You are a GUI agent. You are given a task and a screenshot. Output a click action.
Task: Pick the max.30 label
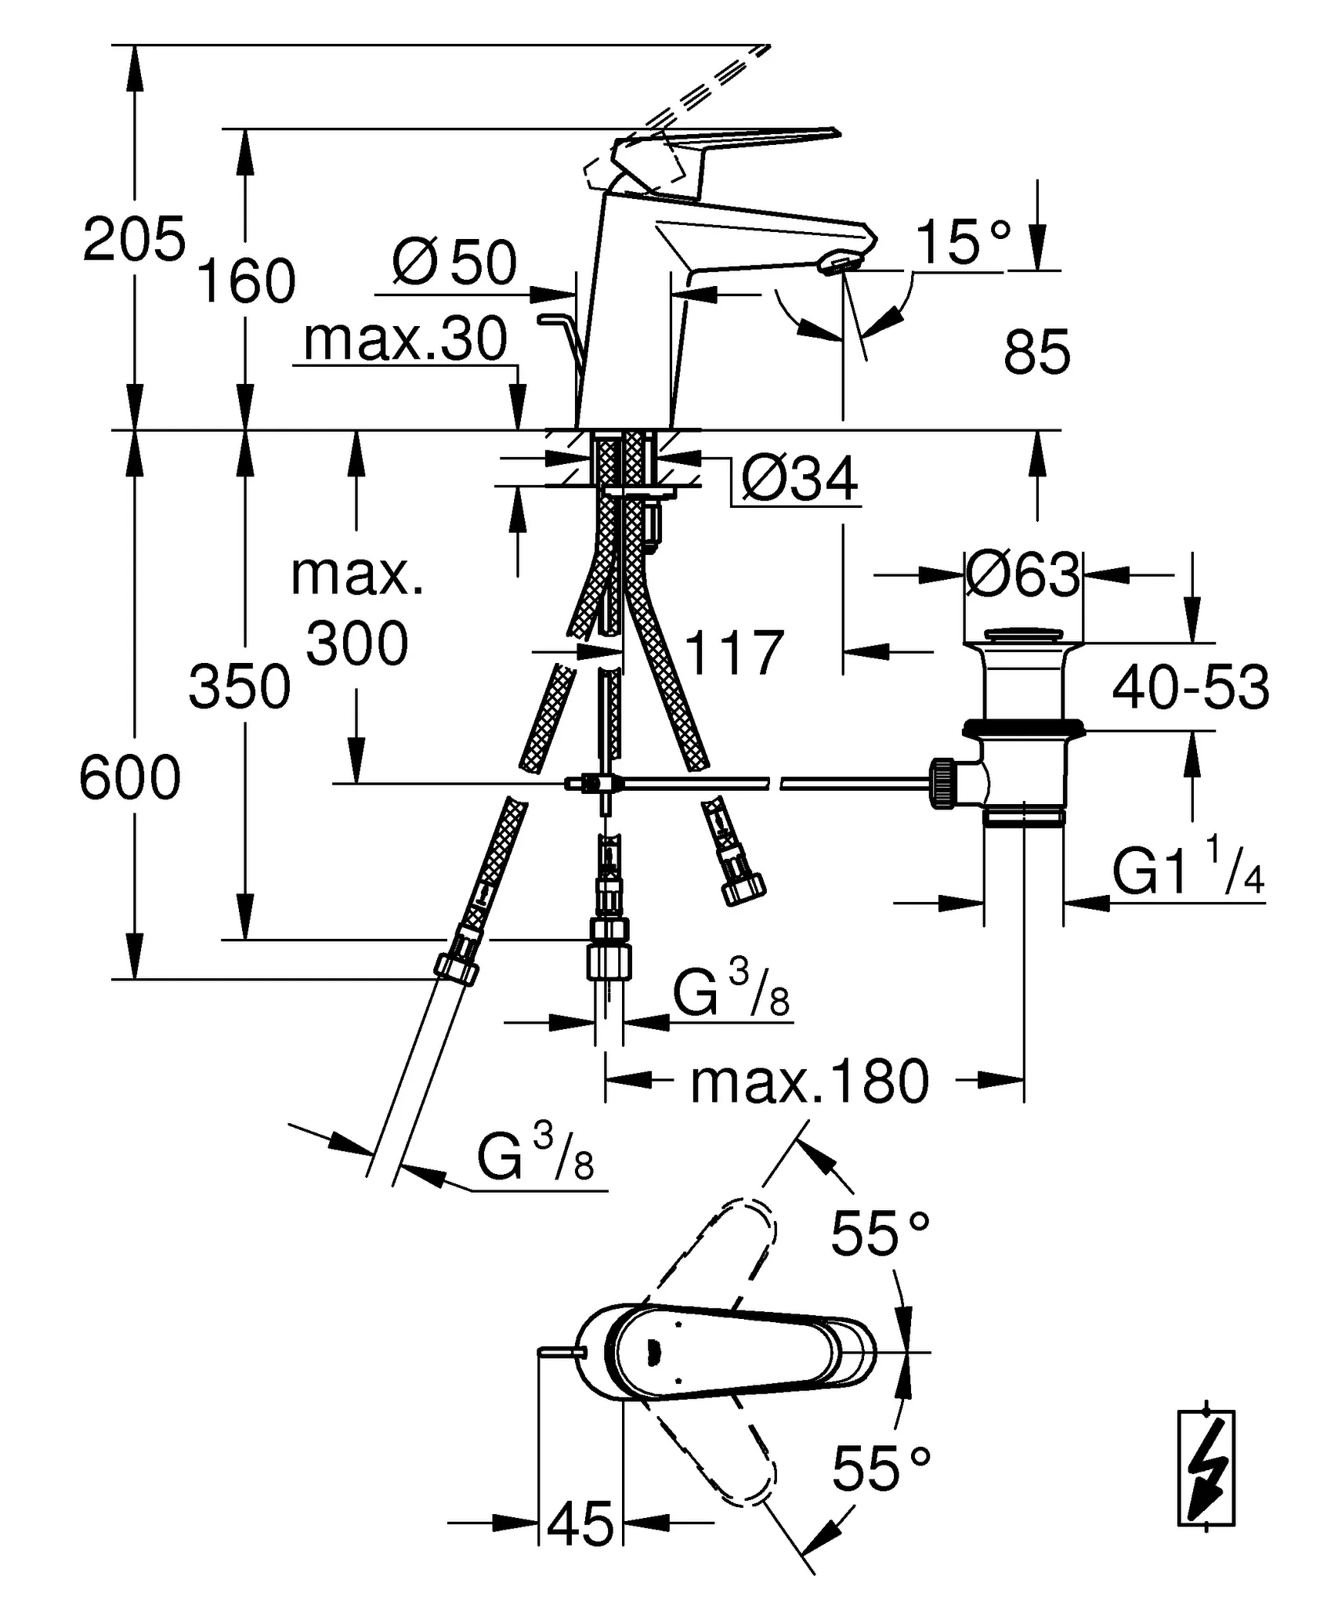(x=405, y=339)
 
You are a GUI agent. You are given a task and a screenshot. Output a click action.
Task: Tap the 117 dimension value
(x=734, y=652)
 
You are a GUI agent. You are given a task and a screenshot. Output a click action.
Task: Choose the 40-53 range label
(x=1190, y=687)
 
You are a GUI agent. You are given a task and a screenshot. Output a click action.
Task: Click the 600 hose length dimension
(x=130, y=778)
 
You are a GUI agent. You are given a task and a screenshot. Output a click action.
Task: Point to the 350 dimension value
(x=240, y=687)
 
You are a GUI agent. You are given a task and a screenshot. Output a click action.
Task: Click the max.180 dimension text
(x=809, y=1082)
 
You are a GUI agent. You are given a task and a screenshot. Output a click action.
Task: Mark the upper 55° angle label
(x=880, y=1233)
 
